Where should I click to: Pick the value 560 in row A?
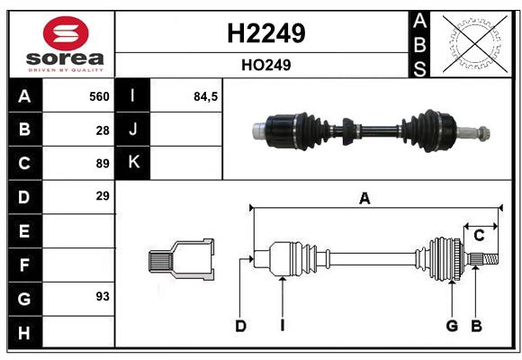coord(98,95)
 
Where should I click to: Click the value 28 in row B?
coord(103,130)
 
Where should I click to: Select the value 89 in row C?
coord(103,164)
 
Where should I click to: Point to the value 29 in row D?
coord(103,195)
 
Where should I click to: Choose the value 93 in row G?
coord(103,295)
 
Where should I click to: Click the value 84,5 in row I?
coord(206,95)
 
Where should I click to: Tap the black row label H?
coord(24,333)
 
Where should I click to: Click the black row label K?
coord(133,163)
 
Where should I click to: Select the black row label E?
coord(24,231)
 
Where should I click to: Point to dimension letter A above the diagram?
coord(364,199)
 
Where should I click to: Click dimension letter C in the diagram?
coord(479,236)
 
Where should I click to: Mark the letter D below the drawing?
coord(240,326)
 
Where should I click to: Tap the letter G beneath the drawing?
coord(452,326)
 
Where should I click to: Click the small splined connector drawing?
coord(181,261)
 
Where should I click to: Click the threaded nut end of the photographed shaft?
coord(481,134)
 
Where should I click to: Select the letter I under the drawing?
coord(282,326)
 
